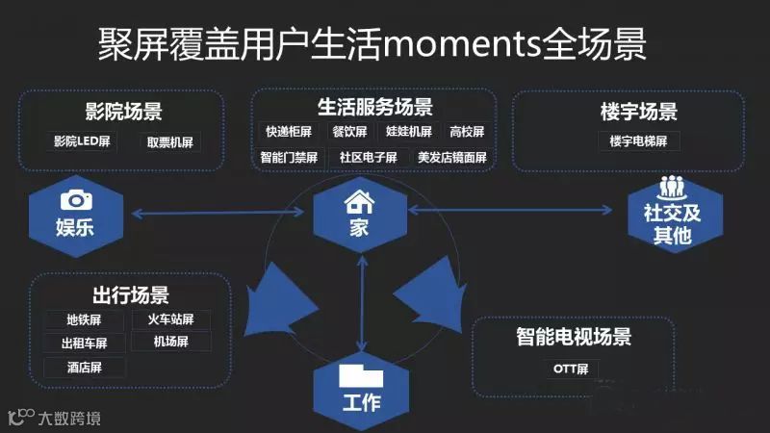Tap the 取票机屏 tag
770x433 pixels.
tap(170, 141)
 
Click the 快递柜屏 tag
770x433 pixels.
tap(289, 131)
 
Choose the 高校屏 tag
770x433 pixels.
tap(467, 131)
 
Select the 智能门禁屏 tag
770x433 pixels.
tap(289, 156)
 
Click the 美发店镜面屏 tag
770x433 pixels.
tap(451, 156)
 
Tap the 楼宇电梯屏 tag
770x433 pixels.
tap(645, 141)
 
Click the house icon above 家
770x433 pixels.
tap(360, 201)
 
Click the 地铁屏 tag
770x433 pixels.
tap(84, 319)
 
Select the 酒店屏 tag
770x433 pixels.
tap(84, 367)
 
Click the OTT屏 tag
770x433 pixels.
tap(577, 368)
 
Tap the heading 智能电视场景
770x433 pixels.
tap(574, 338)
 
